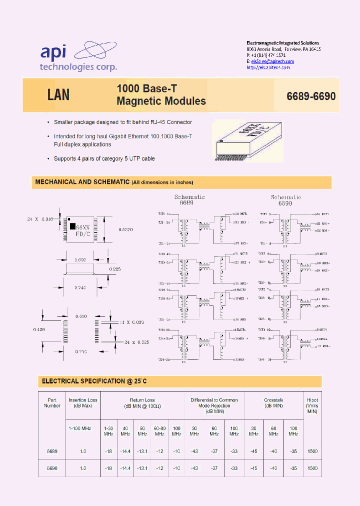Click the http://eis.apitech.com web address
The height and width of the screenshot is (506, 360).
coord(268,67)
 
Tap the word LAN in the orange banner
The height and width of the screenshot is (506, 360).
coord(58,95)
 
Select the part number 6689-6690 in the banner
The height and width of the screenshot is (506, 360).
coord(310,96)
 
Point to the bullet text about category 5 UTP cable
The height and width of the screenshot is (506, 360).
coord(104,158)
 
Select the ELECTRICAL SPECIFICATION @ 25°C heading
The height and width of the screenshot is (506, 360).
coord(94,381)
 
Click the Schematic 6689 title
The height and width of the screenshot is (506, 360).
coord(189,200)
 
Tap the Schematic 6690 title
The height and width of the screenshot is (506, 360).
coord(286,200)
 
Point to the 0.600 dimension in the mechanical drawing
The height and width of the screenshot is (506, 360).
coord(80,260)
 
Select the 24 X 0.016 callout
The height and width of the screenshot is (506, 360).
coord(39,219)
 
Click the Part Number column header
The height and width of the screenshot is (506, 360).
coord(52,402)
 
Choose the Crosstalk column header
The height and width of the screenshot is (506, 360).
coord(273,402)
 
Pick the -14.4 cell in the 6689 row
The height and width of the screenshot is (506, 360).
coord(125,451)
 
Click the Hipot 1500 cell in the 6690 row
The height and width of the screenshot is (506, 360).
coord(312,468)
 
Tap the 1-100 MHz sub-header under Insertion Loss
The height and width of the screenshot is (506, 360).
coord(80,428)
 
